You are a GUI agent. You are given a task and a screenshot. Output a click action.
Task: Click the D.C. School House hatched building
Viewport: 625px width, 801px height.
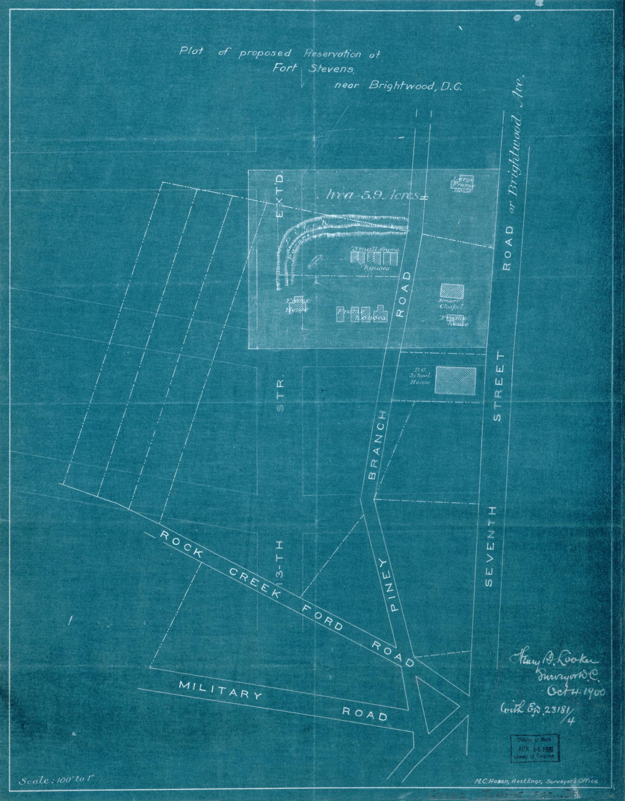(x=455, y=381)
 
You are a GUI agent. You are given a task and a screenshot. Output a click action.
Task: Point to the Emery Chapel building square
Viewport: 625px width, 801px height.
(x=452, y=293)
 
